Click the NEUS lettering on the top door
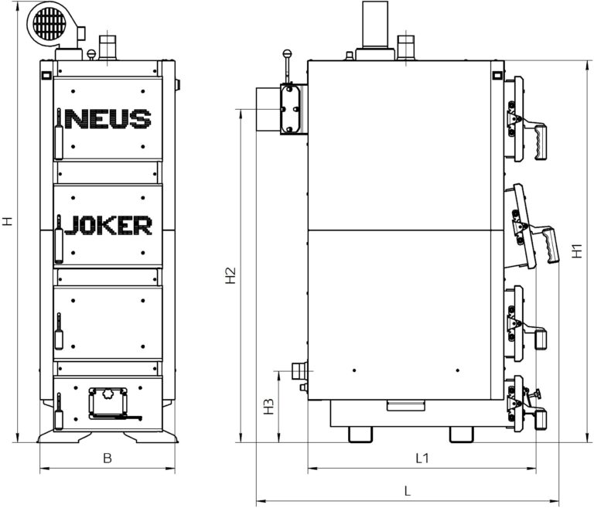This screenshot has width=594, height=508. (x=108, y=119)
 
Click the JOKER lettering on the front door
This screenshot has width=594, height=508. (x=108, y=226)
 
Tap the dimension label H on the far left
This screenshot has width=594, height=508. (x=8, y=221)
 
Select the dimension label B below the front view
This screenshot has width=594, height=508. (x=108, y=459)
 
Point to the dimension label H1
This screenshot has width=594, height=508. (x=576, y=251)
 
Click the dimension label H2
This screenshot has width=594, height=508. (x=230, y=275)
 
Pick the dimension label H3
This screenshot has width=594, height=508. (x=268, y=406)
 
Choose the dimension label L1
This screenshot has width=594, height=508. (x=422, y=459)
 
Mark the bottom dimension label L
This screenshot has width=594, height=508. (x=408, y=492)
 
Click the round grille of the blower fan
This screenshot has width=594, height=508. (x=49, y=23)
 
